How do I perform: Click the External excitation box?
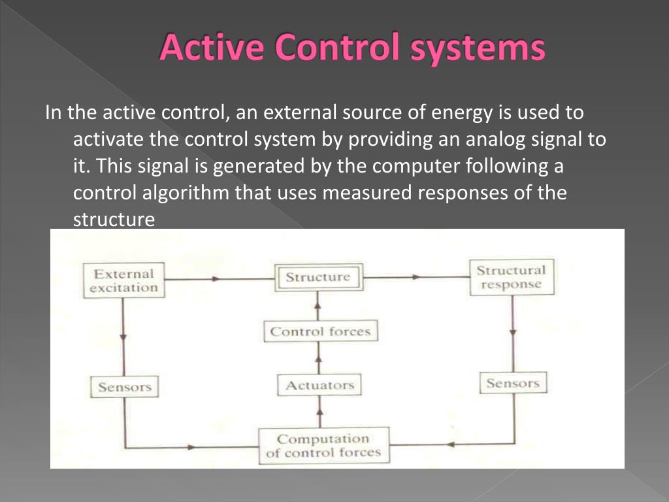pyautogui.click(x=123, y=280)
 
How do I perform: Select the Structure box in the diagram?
pyautogui.click(x=318, y=277)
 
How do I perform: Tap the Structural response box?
pyautogui.click(x=510, y=278)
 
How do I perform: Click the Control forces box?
pyautogui.click(x=320, y=331)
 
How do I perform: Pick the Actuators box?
pyautogui.click(x=319, y=385)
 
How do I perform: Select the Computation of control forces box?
pyautogui.click(x=323, y=445)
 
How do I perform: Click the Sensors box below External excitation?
pyautogui.click(x=124, y=387)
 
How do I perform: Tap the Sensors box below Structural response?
pyautogui.click(x=513, y=383)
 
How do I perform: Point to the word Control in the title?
pyautogui.click(x=328, y=48)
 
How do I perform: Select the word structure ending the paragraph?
pyautogui.click(x=114, y=220)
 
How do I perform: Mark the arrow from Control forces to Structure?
pyautogui.click(x=319, y=303)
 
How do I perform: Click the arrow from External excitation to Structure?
pyautogui.click(x=216, y=279)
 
